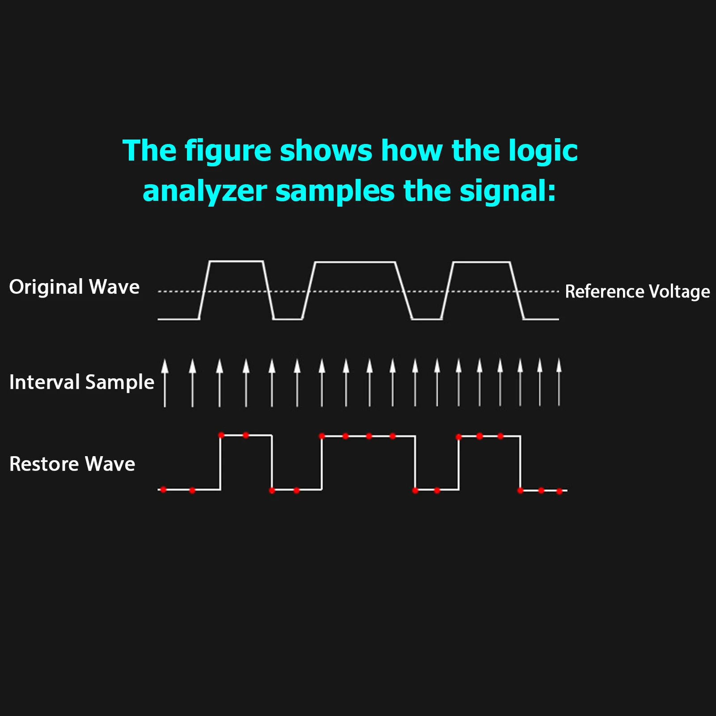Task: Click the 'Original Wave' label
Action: pos(74,287)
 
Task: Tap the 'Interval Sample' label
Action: pos(81,382)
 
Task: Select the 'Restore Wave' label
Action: pos(72,464)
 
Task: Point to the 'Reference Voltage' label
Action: pos(637,292)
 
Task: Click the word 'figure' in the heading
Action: pos(228,151)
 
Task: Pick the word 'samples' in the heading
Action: pos(335,191)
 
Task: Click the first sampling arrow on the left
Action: pos(165,383)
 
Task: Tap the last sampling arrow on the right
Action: pos(559,383)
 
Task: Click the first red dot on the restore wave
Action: pos(163,490)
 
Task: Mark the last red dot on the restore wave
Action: pos(559,491)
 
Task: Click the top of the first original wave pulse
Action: pos(236,261)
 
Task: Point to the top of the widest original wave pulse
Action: pos(356,263)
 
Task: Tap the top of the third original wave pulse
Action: pos(482,263)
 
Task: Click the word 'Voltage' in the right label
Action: pos(679,292)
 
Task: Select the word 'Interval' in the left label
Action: pos(45,382)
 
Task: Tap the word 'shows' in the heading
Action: pos(326,151)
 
